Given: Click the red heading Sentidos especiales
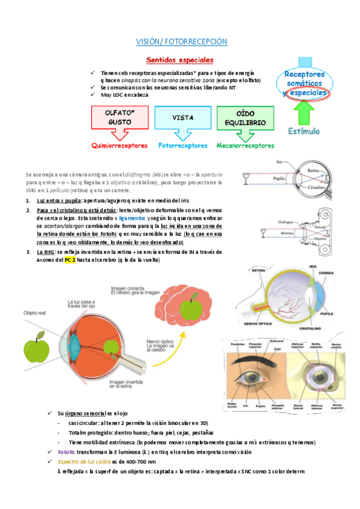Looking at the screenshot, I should coord(180,60).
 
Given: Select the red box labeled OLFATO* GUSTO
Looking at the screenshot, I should coord(119,118).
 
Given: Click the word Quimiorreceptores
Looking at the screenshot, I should coord(119,145).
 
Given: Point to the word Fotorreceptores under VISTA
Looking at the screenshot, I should coord(182,145).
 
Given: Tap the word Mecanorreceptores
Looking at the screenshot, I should coord(245,145).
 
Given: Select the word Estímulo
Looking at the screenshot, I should coord(304,131).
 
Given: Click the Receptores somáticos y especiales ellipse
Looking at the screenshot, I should coord(305,83).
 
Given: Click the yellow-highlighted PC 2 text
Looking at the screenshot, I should coord(70,261).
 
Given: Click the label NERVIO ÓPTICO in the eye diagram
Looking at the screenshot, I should coord(256,324).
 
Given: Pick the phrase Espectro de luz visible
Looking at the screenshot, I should coord(85,462).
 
